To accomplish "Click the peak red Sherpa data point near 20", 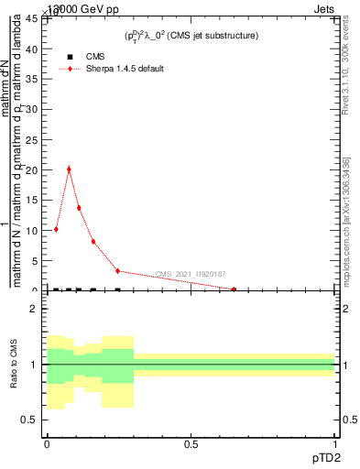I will pos(69,169).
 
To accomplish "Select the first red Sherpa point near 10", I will pos(56,229).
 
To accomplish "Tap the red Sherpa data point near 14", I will pos(79,207).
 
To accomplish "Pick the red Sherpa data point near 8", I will pos(93,242).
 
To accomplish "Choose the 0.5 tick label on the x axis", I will pos(191,444).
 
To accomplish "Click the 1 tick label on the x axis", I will pos(335,444).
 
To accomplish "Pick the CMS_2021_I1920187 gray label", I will pos(191,274).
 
